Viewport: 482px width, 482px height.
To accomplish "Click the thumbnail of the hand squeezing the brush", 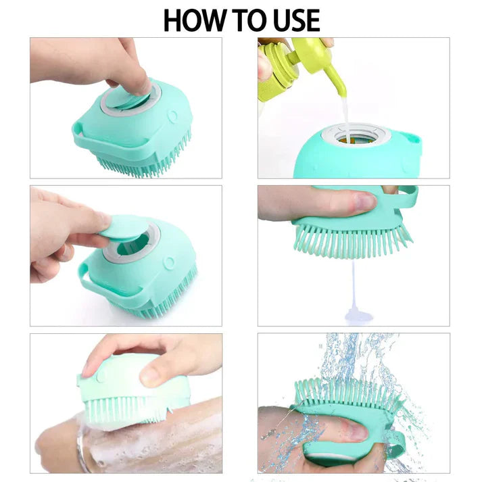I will [364, 200].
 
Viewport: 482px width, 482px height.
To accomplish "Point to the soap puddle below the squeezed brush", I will [356, 314].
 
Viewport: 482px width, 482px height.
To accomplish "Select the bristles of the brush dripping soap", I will [352, 241].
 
